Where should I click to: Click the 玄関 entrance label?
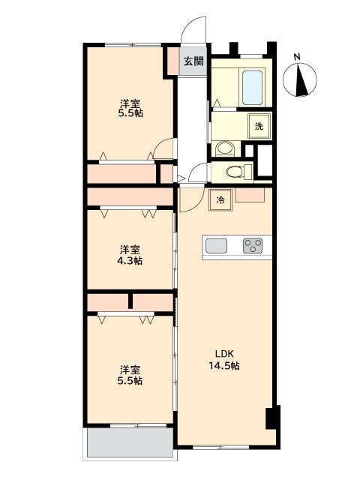pyautogui.click(x=193, y=61)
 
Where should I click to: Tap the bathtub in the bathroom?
pyautogui.click(x=252, y=87)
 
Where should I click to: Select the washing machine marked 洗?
pyautogui.click(x=259, y=126)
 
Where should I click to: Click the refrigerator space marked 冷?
pyautogui.click(x=220, y=200)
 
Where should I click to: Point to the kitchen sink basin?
pyautogui.click(x=216, y=245)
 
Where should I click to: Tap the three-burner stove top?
pyautogui.click(x=253, y=245)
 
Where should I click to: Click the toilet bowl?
pyautogui.click(x=236, y=172)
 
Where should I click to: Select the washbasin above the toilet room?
pyautogui.click(x=225, y=149)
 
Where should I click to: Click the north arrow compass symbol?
pyautogui.click(x=300, y=80)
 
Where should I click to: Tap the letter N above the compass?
pyautogui.click(x=297, y=57)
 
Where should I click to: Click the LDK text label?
pyautogui.click(x=224, y=354)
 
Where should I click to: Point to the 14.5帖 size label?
pyautogui.click(x=224, y=365)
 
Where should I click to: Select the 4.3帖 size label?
pyautogui.click(x=130, y=261)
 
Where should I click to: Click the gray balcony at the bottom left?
pyautogui.click(x=130, y=442)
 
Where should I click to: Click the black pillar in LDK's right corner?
pyautogui.click(x=273, y=418)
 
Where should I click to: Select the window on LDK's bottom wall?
pyautogui.click(x=221, y=448)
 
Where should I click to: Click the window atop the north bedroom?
pyautogui.click(x=133, y=45)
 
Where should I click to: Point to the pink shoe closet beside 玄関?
pyautogui.click(x=174, y=61)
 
